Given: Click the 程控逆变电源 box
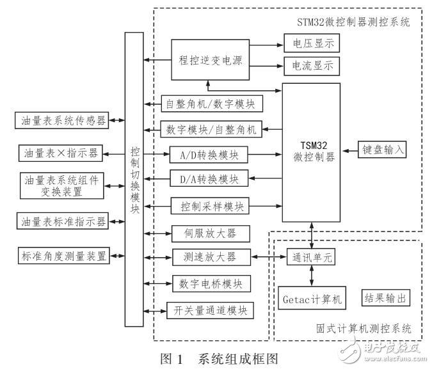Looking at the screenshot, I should (210, 59).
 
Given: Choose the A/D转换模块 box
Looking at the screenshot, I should (209, 154).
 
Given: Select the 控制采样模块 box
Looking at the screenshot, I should (209, 207).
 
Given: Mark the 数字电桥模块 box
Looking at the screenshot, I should (209, 283).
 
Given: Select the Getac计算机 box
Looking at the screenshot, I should (312, 298).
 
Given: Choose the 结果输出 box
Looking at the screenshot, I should (385, 298).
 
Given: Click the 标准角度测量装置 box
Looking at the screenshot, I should (63, 256).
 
